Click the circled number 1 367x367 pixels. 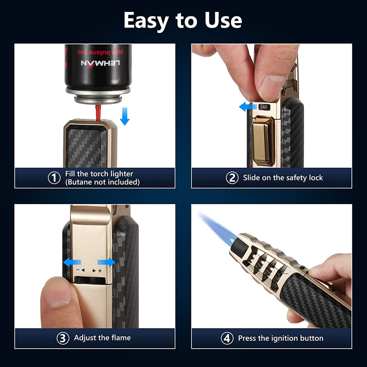pyautogui.click(x=54, y=178)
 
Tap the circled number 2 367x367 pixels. pyautogui.click(x=232, y=178)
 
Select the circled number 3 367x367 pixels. pyautogui.click(x=63, y=339)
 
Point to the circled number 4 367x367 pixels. pyautogui.click(x=227, y=339)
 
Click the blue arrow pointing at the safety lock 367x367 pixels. pyautogui.click(x=247, y=107)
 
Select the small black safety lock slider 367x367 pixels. pyautogui.click(x=264, y=107)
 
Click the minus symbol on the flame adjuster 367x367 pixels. pyautogui.click(x=78, y=271)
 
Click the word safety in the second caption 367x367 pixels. pyautogui.click(x=286, y=178)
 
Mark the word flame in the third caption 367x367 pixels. pyautogui.click(x=120, y=338)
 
